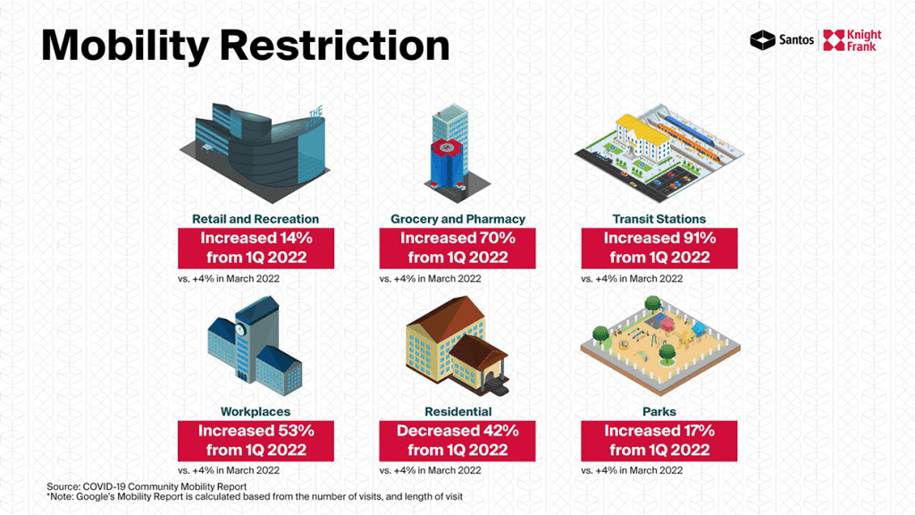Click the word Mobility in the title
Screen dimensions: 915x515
tap(125, 46)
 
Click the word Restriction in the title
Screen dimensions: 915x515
tap(335, 45)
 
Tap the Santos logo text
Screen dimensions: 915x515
tap(796, 39)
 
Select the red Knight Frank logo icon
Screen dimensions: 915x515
tap(834, 40)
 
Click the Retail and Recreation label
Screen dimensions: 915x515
tap(256, 219)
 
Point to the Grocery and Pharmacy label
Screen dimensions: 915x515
tap(458, 219)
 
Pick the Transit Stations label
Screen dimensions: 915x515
tap(659, 219)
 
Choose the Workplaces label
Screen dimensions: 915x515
tap(256, 411)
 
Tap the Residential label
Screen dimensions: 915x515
tap(458, 411)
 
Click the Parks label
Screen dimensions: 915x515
tap(659, 411)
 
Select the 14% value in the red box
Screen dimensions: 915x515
tap(296, 238)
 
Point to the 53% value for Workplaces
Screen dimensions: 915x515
tap(296, 431)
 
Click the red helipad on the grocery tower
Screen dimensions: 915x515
tap(447, 148)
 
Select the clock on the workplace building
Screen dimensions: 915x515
tap(239, 329)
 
